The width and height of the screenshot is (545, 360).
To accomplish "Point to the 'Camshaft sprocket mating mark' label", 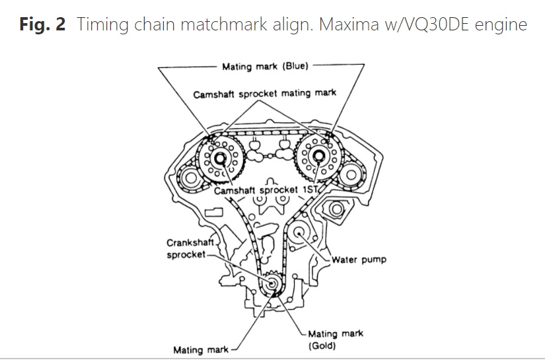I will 264,94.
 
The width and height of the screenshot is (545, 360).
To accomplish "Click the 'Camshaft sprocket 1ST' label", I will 267,190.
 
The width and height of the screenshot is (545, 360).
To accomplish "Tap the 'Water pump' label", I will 359,260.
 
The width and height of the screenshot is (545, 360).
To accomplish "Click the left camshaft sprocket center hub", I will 219,159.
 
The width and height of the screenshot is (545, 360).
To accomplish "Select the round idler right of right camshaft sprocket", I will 350,175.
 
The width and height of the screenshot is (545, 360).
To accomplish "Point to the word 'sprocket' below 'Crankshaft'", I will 186,254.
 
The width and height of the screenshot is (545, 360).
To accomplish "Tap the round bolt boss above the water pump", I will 334,209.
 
